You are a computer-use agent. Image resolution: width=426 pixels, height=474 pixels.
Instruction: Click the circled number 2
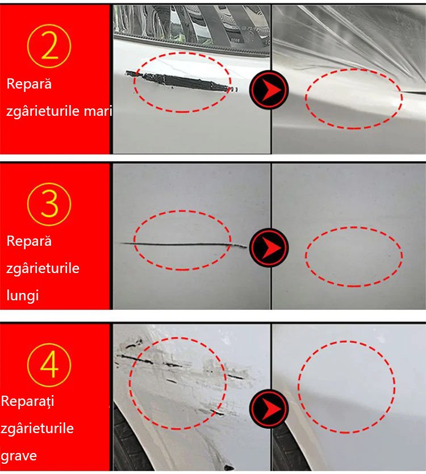[x=49, y=46]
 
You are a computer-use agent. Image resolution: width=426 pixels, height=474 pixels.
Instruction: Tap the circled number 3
[x=49, y=204]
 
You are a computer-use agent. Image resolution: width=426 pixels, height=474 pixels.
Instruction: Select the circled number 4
[x=49, y=365]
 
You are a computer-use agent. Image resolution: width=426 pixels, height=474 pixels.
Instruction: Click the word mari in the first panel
[x=98, y=111]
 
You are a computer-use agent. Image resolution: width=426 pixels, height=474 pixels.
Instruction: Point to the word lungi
[x=23, y=296]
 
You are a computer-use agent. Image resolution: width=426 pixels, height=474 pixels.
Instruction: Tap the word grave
[x=19, y=456]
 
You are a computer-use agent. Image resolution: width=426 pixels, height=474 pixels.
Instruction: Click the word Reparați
[x=27, y=401]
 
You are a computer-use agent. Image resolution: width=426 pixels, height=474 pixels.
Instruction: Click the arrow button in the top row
[x=269, y=90]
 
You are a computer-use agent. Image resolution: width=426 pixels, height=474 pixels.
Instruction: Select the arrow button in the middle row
[x=269, y=248]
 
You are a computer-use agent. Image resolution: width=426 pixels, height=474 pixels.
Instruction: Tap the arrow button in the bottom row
[x=269, y=408]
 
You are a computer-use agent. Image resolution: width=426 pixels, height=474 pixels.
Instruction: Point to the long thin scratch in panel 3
[x=183, y=244]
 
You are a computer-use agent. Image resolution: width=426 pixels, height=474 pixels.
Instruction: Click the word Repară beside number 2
[x=29, y=84]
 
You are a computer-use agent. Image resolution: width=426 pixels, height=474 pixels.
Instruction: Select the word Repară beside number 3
[x=29, y=241]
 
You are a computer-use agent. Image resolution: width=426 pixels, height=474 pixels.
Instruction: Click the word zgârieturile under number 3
[x=43, y=269]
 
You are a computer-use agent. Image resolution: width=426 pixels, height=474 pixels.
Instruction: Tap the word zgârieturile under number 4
[x=37, y=429]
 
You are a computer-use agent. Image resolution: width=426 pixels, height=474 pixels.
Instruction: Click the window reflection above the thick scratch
[x=191, y=26]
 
